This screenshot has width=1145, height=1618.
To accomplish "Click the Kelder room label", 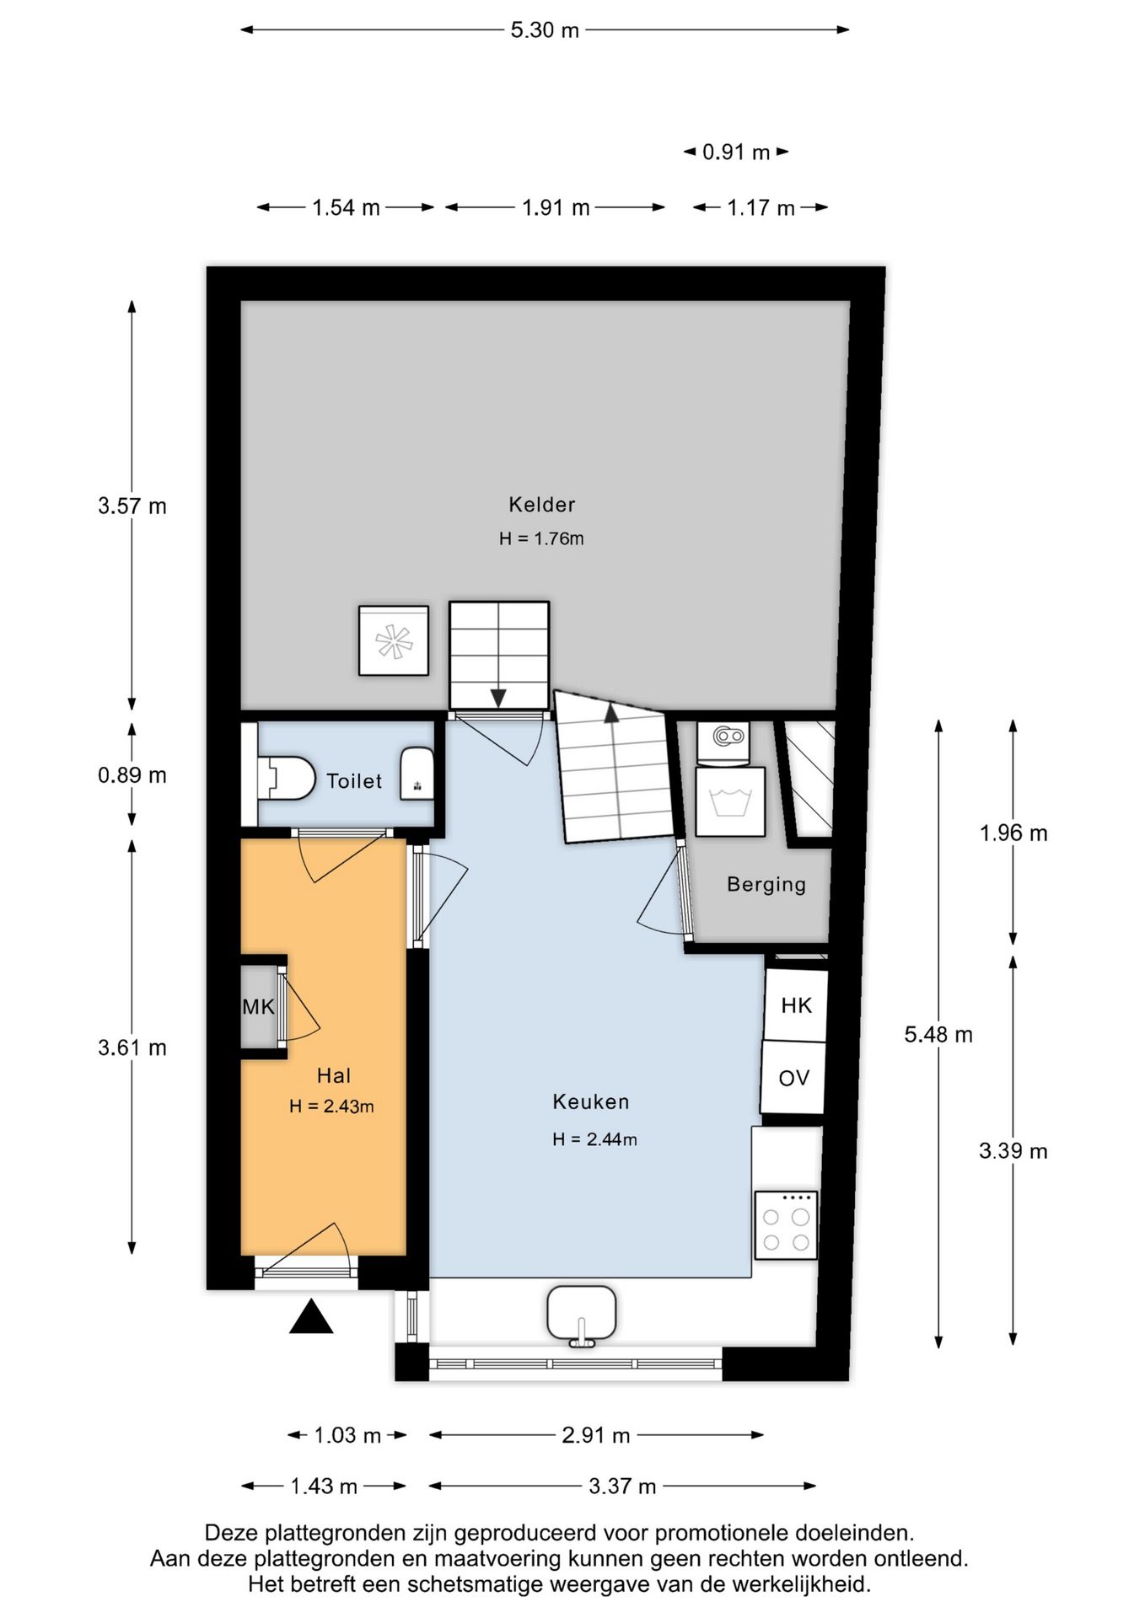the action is point(541,504).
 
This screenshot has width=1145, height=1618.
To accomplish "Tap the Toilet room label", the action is point(354,781).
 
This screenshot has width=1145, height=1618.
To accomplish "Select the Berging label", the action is point(766,884).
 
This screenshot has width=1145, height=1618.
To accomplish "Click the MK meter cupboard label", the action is point(258,1006).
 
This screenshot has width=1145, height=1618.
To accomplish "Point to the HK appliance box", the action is point(796,1005).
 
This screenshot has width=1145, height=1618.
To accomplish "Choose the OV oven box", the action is point(793,1077).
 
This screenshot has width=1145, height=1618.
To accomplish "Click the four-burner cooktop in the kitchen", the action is point(786,1225).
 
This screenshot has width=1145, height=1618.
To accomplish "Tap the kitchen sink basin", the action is point(581,1314).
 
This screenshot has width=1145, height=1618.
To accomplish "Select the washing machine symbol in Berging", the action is point(730,801).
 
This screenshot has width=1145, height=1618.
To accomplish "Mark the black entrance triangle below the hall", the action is point(311,1316).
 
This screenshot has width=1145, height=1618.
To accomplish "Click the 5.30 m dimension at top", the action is point(545,30).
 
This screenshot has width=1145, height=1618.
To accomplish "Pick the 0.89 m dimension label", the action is point(132,775).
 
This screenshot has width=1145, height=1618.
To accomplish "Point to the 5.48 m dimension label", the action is point(938,1034).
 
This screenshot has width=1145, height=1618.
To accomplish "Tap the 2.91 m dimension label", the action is point(596,1434).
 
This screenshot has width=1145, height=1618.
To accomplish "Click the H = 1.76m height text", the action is point(541,538).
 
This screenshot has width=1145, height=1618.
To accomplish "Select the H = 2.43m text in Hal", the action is point(331,1106).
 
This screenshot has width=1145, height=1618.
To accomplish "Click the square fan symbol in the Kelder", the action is point(394,640).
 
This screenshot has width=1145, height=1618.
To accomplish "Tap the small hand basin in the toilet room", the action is point(417,773).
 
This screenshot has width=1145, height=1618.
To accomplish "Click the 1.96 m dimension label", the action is point(1013,833).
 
